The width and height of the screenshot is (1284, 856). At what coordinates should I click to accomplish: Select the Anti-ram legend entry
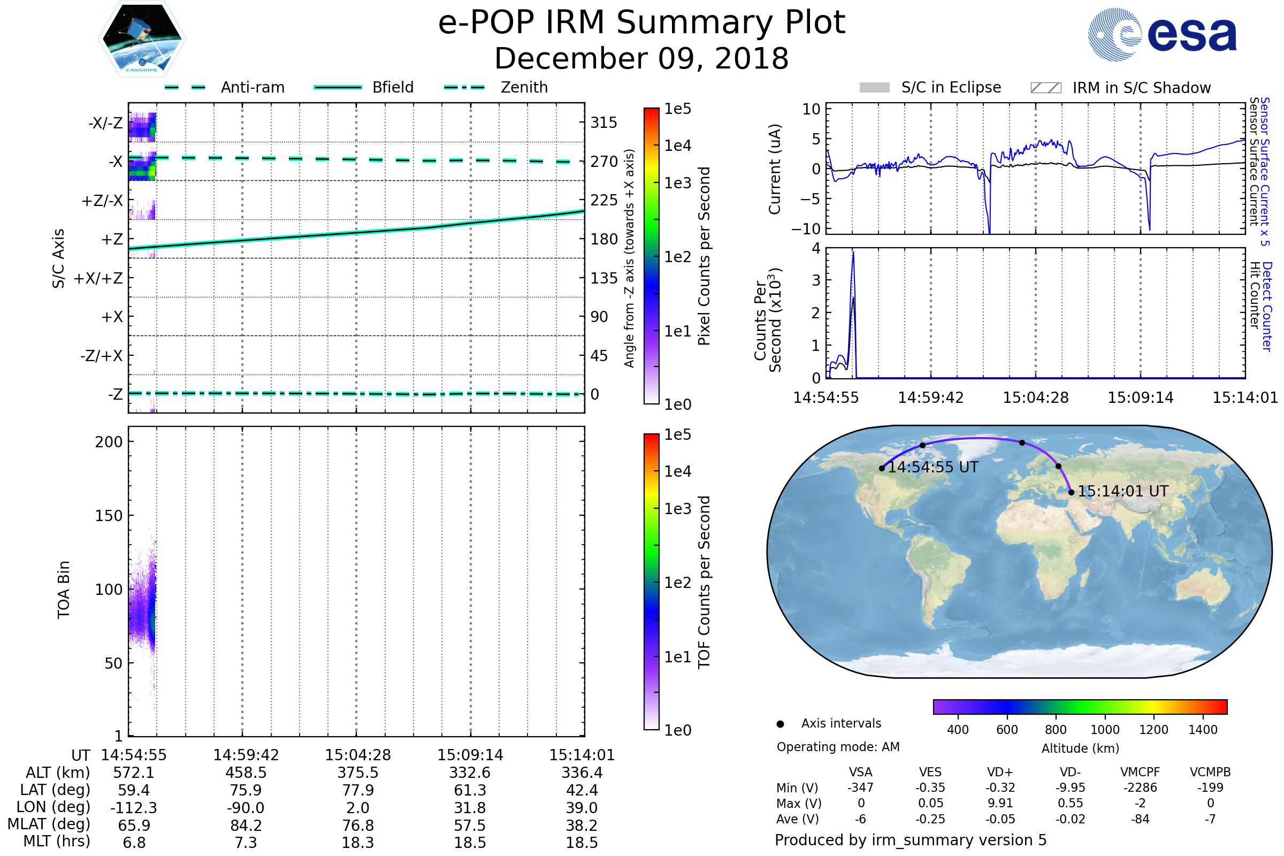[252, 87]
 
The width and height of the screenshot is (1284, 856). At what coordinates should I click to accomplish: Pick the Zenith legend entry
[524, 87]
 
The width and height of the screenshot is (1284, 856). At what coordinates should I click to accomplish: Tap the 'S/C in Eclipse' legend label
[951, 87]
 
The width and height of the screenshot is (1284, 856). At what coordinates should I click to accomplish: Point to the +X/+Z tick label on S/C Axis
[98, 278]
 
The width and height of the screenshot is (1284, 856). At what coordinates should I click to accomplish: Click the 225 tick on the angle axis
[604, 200]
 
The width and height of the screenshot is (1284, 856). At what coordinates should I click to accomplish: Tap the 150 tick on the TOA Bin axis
[109, 516]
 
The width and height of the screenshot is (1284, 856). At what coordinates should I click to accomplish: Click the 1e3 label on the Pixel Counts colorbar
[677, 183]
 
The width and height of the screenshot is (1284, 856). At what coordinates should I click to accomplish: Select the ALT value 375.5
[357, 773]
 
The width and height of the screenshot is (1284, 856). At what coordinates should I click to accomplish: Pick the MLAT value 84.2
[246, 825]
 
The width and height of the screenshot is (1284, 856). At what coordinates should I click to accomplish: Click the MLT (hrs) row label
[57, 841]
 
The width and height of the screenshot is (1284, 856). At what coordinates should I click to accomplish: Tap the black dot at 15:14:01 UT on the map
[1071, 492]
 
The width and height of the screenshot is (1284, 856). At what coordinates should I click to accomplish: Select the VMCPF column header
[1140, 772]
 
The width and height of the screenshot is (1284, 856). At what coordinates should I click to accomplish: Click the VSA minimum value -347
[860, 788]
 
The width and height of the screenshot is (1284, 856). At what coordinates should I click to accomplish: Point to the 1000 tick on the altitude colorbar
[1104, 730]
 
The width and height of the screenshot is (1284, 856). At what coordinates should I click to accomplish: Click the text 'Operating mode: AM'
[838, 747]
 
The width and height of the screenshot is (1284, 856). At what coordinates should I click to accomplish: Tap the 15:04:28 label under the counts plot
[1036, 398]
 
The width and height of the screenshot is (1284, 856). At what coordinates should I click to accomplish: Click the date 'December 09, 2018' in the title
[641, 58]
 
